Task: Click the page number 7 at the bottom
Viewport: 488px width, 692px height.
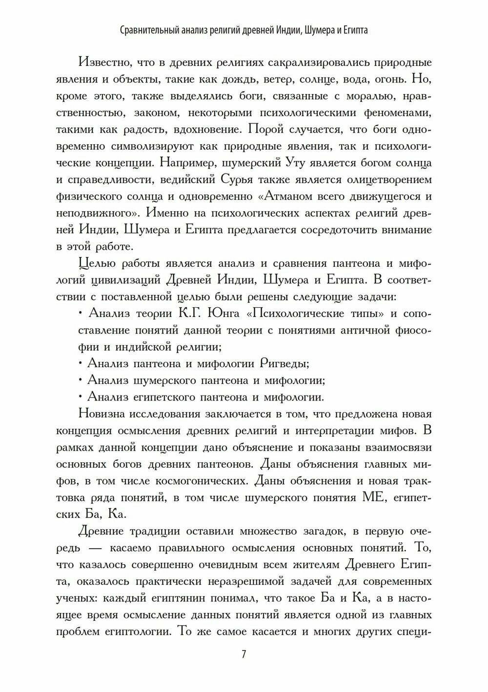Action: pyautogui.click(x=244, y=654)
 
